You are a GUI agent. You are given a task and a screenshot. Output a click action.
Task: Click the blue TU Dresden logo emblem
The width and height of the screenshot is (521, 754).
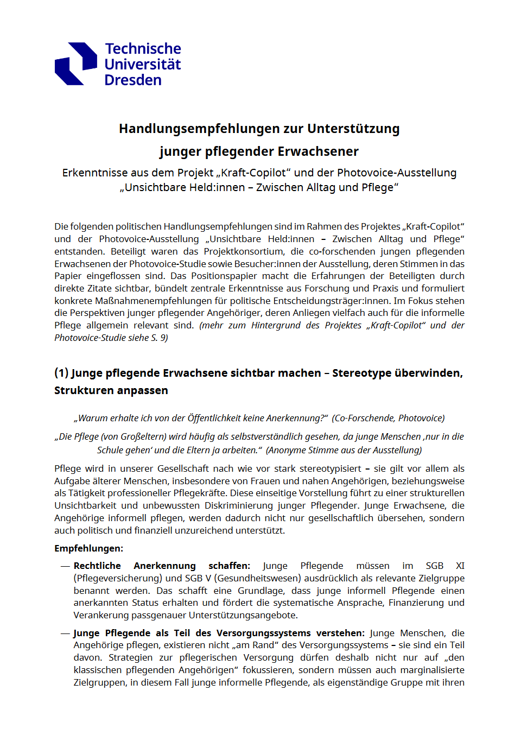click(x=76, y=64)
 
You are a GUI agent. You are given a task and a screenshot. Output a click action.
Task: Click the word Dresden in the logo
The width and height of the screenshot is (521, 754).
click(x=133, y=80)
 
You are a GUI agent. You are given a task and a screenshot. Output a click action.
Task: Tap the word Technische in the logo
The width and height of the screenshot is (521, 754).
click(x=143, y=49)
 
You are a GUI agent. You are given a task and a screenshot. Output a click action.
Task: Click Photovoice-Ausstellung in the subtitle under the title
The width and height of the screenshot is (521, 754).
click(x=397, y=173)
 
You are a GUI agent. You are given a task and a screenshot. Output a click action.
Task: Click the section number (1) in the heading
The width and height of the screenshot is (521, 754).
click(x=61, y=373)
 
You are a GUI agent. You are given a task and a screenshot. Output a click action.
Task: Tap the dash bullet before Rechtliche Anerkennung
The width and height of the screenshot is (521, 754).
click(x=65, y=566)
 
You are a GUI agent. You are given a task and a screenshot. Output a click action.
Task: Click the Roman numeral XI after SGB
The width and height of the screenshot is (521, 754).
click(x=460, y=566)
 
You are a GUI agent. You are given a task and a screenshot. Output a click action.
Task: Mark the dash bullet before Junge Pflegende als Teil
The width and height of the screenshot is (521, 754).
click(x=65, y=633)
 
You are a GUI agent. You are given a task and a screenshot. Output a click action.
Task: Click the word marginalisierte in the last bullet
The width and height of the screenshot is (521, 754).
click(x=432, y=670)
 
